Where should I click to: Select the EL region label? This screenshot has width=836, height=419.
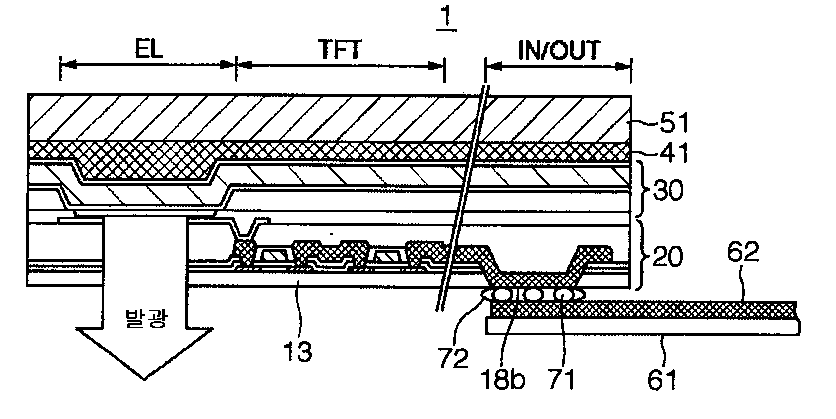[149, 50]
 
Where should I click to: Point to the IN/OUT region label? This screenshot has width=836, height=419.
[559, 50]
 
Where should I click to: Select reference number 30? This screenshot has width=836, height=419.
[667, 190]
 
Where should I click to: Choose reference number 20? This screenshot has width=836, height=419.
[667, 257]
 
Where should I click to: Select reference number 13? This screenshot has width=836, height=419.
[297, 351]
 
